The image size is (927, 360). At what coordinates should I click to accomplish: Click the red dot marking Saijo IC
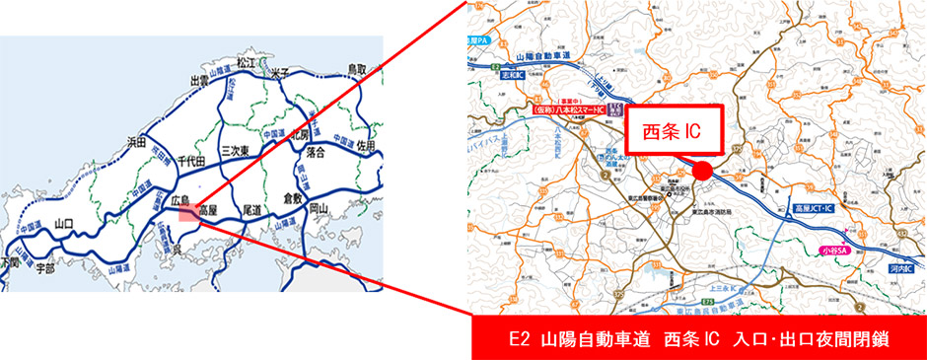tap(701, 171)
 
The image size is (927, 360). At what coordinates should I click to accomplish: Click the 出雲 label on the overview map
tap(200, 80)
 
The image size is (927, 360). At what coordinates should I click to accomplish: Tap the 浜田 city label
tap(138, 142)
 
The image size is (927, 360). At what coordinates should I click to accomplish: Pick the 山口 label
tap(65, 223)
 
